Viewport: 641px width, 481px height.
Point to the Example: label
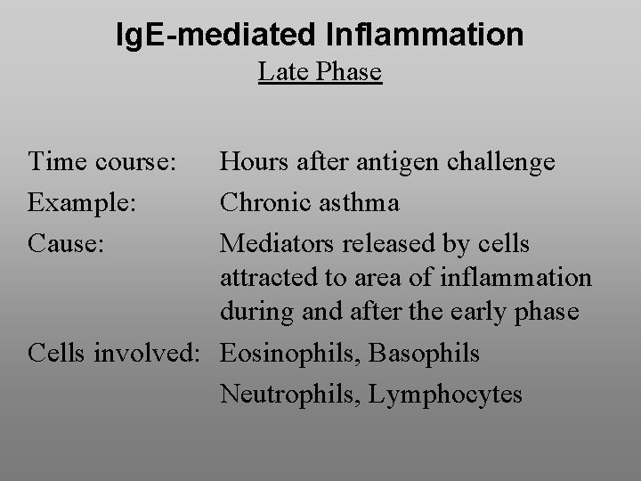click(82, 202)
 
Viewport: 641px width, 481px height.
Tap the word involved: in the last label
click(157, 354)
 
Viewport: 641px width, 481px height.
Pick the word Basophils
click(425, 354)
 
